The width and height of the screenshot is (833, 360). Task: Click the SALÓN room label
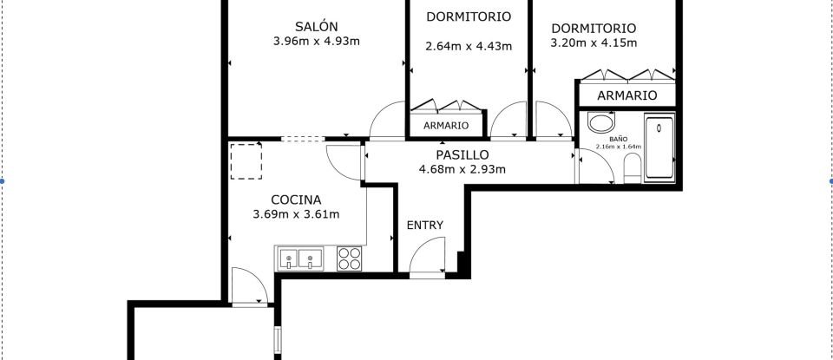(315, 26)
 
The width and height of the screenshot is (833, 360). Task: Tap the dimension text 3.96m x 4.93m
(315, 41)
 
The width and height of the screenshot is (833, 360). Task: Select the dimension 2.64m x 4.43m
(469, 47)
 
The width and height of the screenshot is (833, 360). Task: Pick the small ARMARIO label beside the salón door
(446, 126)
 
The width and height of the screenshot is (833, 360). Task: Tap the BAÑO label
(618, 138)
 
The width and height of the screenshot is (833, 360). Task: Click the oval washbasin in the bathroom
(600, 122)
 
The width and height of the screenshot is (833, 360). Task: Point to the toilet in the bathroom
(632, 174)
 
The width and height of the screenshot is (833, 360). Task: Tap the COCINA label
(295, 199)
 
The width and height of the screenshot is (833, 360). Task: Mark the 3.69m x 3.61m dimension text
(295, 214)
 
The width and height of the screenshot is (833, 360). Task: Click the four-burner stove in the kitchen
(349, 259)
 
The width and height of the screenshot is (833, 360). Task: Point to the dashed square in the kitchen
(246, 161)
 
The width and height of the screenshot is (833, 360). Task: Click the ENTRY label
(425, 226)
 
